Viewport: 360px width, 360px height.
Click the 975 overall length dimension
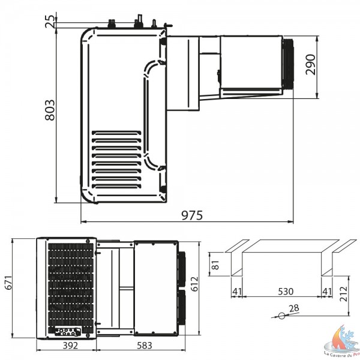[x=192, y=215]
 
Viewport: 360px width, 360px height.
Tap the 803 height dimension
[x=50, y=110]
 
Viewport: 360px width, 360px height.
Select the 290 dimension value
[x=311, y=65]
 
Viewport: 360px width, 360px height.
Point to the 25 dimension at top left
[x=50, y=22]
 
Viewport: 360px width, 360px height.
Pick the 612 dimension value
[x=194, y=284]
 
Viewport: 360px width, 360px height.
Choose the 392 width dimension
[x=70, y=345]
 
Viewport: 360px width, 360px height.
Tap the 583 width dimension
[x=145, y=345]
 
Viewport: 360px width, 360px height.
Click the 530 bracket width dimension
[x=286, y=292]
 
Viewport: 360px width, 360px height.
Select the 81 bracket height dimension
[x=215, y=265]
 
